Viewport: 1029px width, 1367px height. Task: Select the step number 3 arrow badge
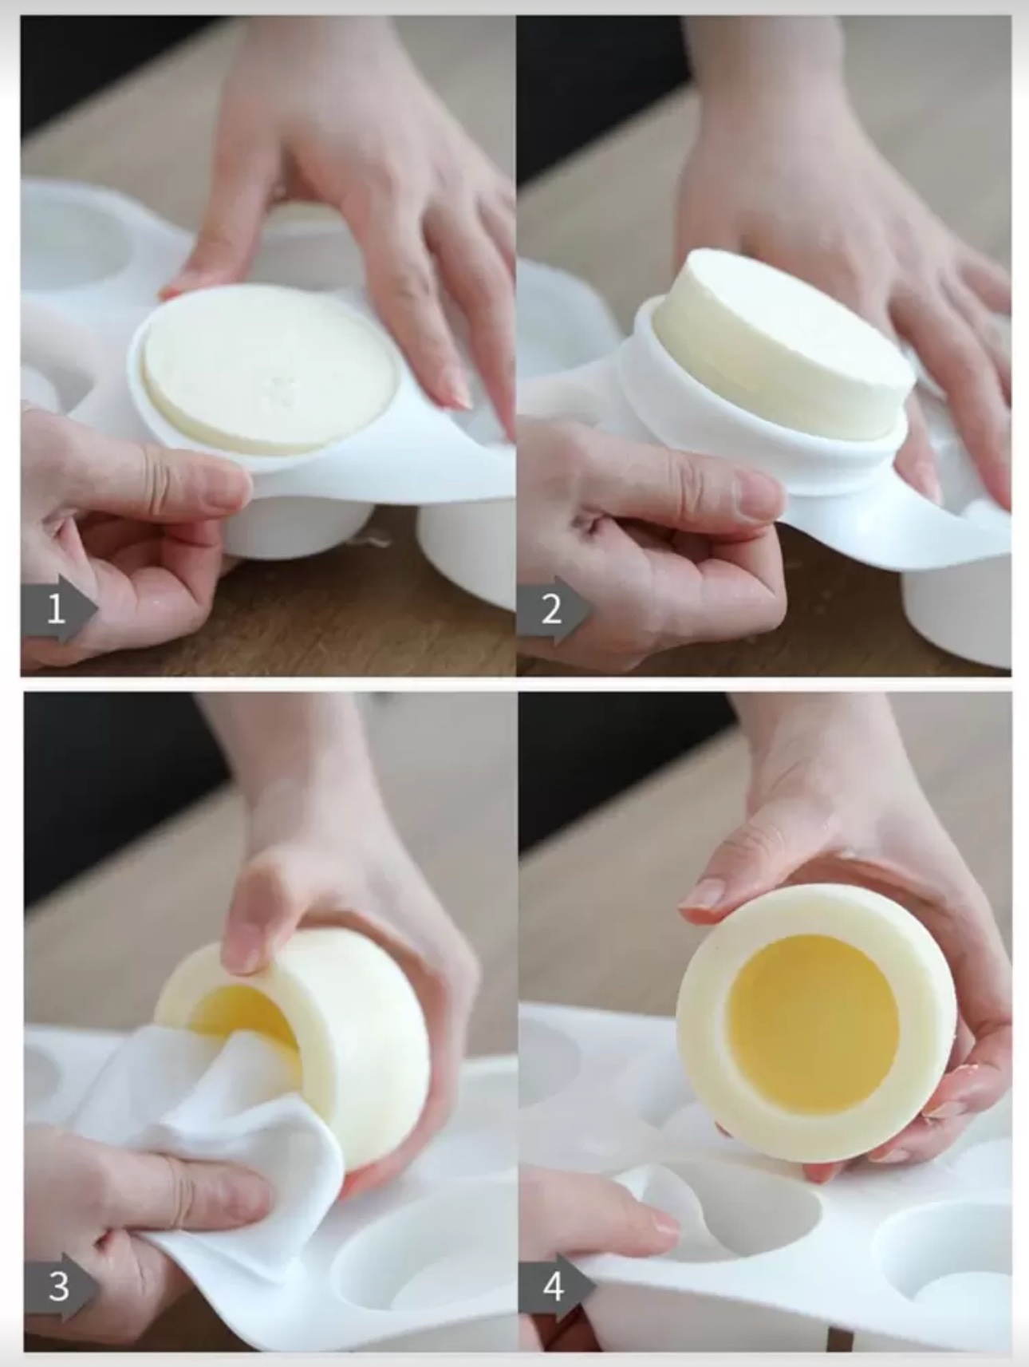(61, 1286)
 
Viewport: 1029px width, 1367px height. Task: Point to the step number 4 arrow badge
(556, 1286)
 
